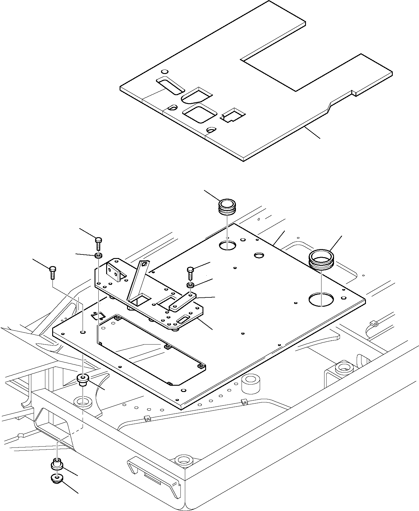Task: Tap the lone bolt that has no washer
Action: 52,271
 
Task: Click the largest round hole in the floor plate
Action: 321,299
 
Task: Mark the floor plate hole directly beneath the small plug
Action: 227,245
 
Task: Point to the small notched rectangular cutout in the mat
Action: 233,115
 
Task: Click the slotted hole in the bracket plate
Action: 183,320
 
